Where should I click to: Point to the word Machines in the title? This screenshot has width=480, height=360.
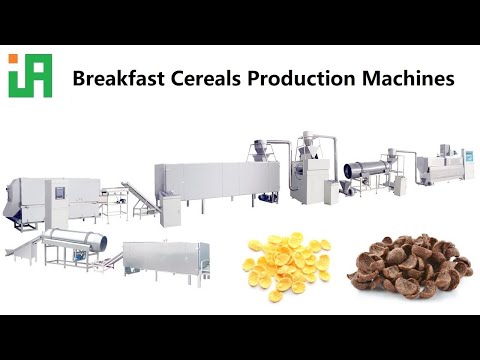[399, 78]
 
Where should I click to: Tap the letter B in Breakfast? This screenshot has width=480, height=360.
[79, 78]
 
